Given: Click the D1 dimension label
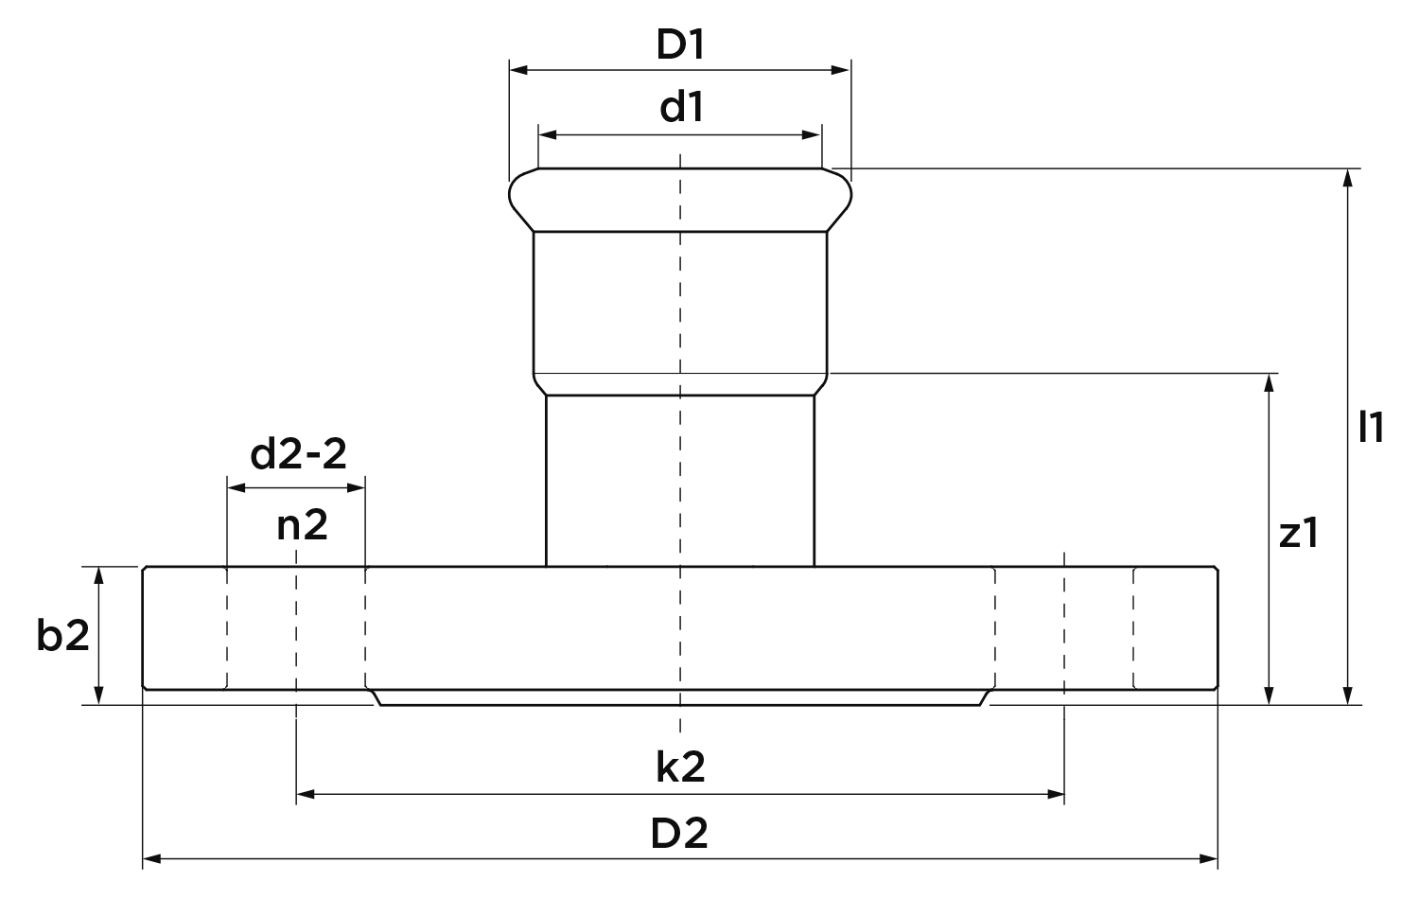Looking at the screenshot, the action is tap(680, 45).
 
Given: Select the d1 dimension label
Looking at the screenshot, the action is tap(681, 107).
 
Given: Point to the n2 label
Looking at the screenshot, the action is tap(302, 526).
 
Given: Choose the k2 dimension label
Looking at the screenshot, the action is tap(680, 767).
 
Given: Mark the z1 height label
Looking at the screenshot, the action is tap(1299, 534).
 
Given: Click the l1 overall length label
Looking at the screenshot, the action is tap(1371, 427).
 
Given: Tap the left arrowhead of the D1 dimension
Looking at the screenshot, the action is tap(518, 70).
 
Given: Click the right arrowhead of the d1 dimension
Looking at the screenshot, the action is tap(812, 135).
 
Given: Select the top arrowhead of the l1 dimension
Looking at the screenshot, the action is tap(1348, 178).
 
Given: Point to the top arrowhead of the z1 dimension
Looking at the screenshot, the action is tap(1269, 382).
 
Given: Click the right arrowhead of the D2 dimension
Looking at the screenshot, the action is tap(1209, 859).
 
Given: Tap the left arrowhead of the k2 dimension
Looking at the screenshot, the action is tap(306, 794).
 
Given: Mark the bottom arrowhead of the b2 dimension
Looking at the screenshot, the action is tap(98, 695).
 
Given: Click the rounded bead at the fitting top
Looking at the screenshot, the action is tap(680, 200).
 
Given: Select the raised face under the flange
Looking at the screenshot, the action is tap(680, 697).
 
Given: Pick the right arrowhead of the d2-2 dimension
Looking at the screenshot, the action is tap(356, 487).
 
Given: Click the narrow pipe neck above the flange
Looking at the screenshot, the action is tap(680, 480).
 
